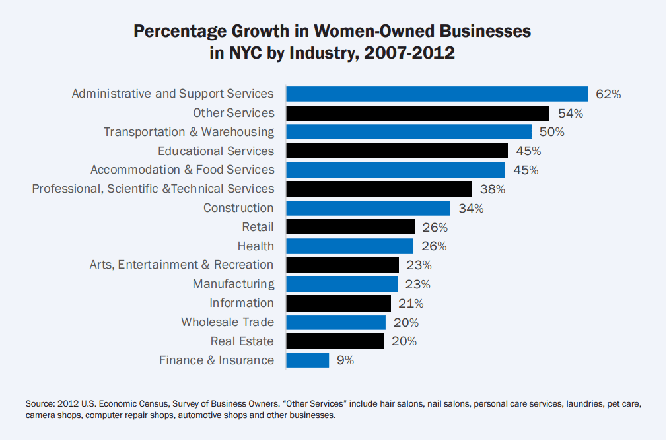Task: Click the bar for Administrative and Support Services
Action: (x=437, y=94)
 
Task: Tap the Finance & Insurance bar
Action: (x=307, y=360)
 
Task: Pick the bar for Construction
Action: (x=368, y=208)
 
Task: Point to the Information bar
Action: (x=338, y=303)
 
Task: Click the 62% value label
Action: (x=608, y=94)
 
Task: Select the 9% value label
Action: (x=345, y=360)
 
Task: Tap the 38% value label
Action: (x=492, y=189)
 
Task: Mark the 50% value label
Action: (x=551, y=132)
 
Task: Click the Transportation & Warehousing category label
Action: (x=189, y=132)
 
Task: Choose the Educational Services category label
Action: (x=216, y=151)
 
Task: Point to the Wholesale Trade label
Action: (x=227, y=322)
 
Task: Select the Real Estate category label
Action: (x=242, y=341)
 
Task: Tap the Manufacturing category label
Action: (x=233, y=284)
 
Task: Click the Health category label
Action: (x=256, y=246)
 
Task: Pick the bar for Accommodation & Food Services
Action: (x=395, y=170)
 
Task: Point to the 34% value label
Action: (x=470, y=209)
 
